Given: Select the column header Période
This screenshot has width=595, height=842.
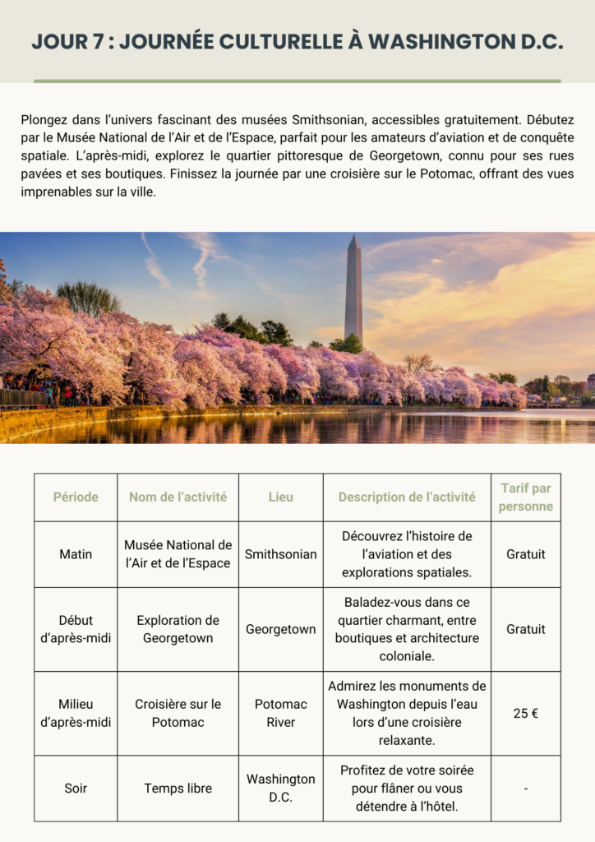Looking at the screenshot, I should pyautogui.click(x=76, y=497).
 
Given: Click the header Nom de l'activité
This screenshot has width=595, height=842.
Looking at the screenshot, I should pyautogui.click(x=178, y=497).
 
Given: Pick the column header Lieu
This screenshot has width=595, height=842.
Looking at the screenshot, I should pyautogui.click(x=280, y=497).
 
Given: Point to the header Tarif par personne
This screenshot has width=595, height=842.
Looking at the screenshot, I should pyautogui.click(x=525, y=497).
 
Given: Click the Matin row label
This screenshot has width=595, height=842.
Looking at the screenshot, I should pyautogui.click(x=76, y=554).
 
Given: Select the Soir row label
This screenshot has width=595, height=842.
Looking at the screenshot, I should pyautogui.click(x=76, y=788).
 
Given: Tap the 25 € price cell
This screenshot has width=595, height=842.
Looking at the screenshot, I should pyautogui.click(x=525, y=713).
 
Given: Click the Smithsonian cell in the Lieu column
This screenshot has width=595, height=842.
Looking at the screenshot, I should pyautogui.click(x=280, y=554).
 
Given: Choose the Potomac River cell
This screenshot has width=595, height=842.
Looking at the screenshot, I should pyautogui.click(x=280, y=713).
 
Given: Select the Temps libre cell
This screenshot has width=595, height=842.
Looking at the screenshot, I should pyautogui.click(x=178, y=788).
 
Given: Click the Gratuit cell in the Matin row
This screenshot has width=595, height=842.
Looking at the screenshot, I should pyautogui.click(x=525, y=554).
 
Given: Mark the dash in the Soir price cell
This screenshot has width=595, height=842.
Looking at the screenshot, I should pyautogui.click(x=525, y=789).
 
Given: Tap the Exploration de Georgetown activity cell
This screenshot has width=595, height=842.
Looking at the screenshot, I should pyautogui.click(x=178, y=629).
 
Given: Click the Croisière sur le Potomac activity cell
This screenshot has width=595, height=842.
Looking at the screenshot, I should pyautogui.click(x=178, y=713).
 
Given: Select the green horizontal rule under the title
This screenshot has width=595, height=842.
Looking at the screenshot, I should pyautogui.click(x=297, y=81).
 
